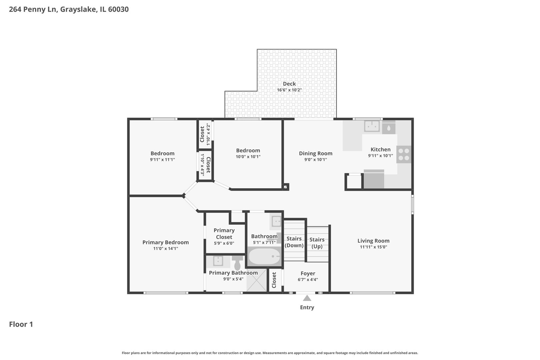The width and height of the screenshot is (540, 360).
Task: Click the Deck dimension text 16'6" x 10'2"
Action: pos(289,90)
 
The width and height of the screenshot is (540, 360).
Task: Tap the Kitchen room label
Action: pos(380,149)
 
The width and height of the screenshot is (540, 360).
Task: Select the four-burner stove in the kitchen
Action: pos(404,154)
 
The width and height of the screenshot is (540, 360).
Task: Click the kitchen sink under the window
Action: pos(372,126)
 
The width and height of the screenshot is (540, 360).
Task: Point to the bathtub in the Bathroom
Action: pos(264,256)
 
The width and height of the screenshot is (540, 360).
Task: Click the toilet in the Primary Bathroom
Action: pos(237,263)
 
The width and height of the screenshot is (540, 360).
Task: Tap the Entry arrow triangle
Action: pos(307,298)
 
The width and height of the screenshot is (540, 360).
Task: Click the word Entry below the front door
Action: pos(307,307)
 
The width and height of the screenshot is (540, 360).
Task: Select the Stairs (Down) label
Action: pos(294,242)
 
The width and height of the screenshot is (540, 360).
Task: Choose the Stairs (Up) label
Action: pos(317,243)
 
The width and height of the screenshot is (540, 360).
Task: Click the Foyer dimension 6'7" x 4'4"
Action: pos(308,279)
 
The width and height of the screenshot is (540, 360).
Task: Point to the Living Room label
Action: pos(373,241)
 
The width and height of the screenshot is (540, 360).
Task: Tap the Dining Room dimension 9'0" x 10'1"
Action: pos(316,159)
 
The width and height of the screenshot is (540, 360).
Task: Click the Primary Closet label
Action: pos(224,234)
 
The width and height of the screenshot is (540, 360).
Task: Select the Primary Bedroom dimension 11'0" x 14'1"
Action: pos(166,248)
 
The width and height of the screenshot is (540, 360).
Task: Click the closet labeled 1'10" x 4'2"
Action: pos(205,134)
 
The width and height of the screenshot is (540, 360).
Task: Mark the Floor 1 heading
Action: pos(21,324)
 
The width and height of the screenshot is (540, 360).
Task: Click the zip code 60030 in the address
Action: pos(118,9)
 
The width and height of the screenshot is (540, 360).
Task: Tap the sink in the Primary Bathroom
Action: pos(218,261)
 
